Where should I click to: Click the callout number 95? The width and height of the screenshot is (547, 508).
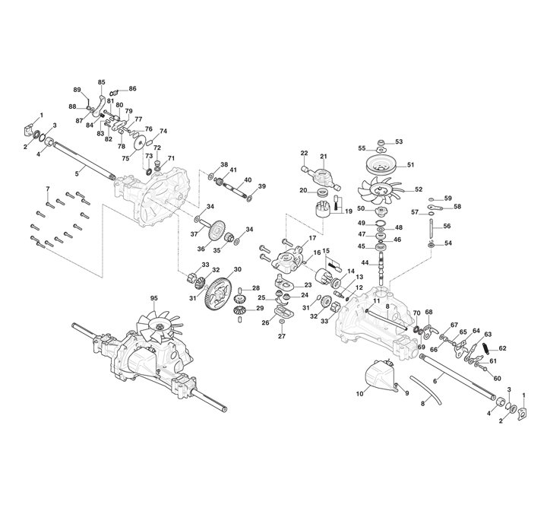click(x=153, y=297)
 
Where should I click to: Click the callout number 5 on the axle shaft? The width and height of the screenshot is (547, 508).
click(x=76, y=173)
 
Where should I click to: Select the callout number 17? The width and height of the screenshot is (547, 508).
click(x=311, y=238)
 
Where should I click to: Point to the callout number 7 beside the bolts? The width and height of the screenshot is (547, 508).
click(x=47, y=188)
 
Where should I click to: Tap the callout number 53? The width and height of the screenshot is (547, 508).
click(x=399, y=141)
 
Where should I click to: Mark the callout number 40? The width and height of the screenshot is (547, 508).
click(x=247, y=181)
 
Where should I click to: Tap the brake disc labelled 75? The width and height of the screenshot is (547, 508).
click(x=138, y=143)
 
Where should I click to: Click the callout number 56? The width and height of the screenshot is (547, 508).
click(x=447, y=226)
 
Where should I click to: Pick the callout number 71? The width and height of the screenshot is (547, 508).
click(x=172, y=158)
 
